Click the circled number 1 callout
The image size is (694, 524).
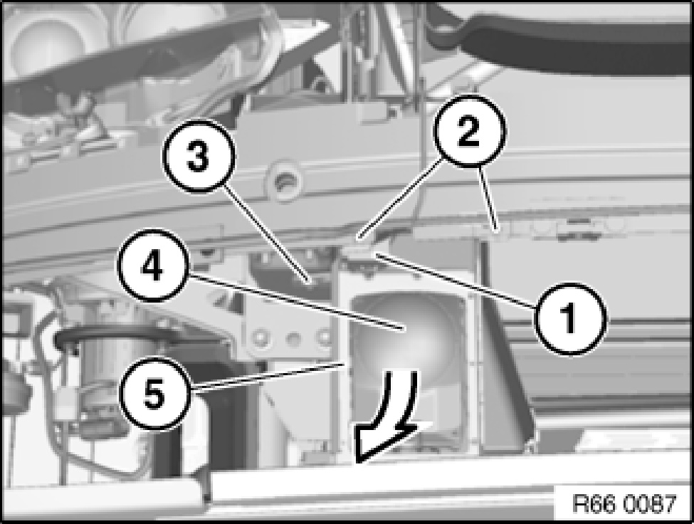coord(571,319)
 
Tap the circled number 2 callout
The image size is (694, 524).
coord(469,131)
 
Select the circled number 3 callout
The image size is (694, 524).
coord(198,156)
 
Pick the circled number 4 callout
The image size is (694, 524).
coord(153,265)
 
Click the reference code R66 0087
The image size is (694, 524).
coord(624,503)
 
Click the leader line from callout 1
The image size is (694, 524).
coord(456,280)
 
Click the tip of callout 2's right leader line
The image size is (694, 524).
coord(498,230)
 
